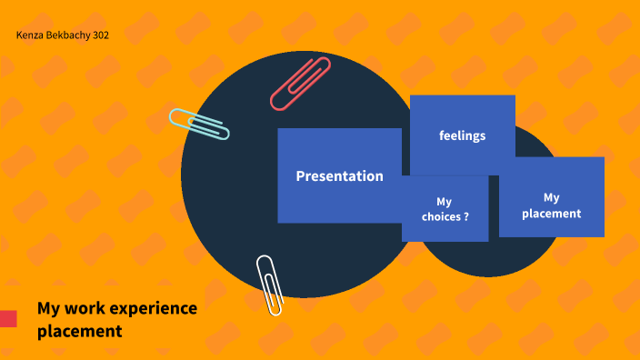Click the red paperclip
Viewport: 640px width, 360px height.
[300, 83]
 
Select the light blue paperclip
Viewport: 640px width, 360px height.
[199, 124]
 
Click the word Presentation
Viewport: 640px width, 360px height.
[339, 176]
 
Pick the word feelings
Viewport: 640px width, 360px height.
[462, 135]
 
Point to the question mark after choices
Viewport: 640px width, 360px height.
[465, 217]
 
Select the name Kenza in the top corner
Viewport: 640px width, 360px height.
[31, 35]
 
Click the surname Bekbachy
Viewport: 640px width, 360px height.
[71, 35]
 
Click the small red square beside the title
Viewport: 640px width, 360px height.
[8, 318]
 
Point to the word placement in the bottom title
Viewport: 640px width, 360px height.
[79, 331]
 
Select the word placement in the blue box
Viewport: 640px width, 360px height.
[551, 214]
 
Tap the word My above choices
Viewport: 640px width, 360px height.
[444, 202]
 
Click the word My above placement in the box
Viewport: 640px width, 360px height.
[552, 197]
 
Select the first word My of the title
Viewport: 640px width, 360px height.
[48, 308]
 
